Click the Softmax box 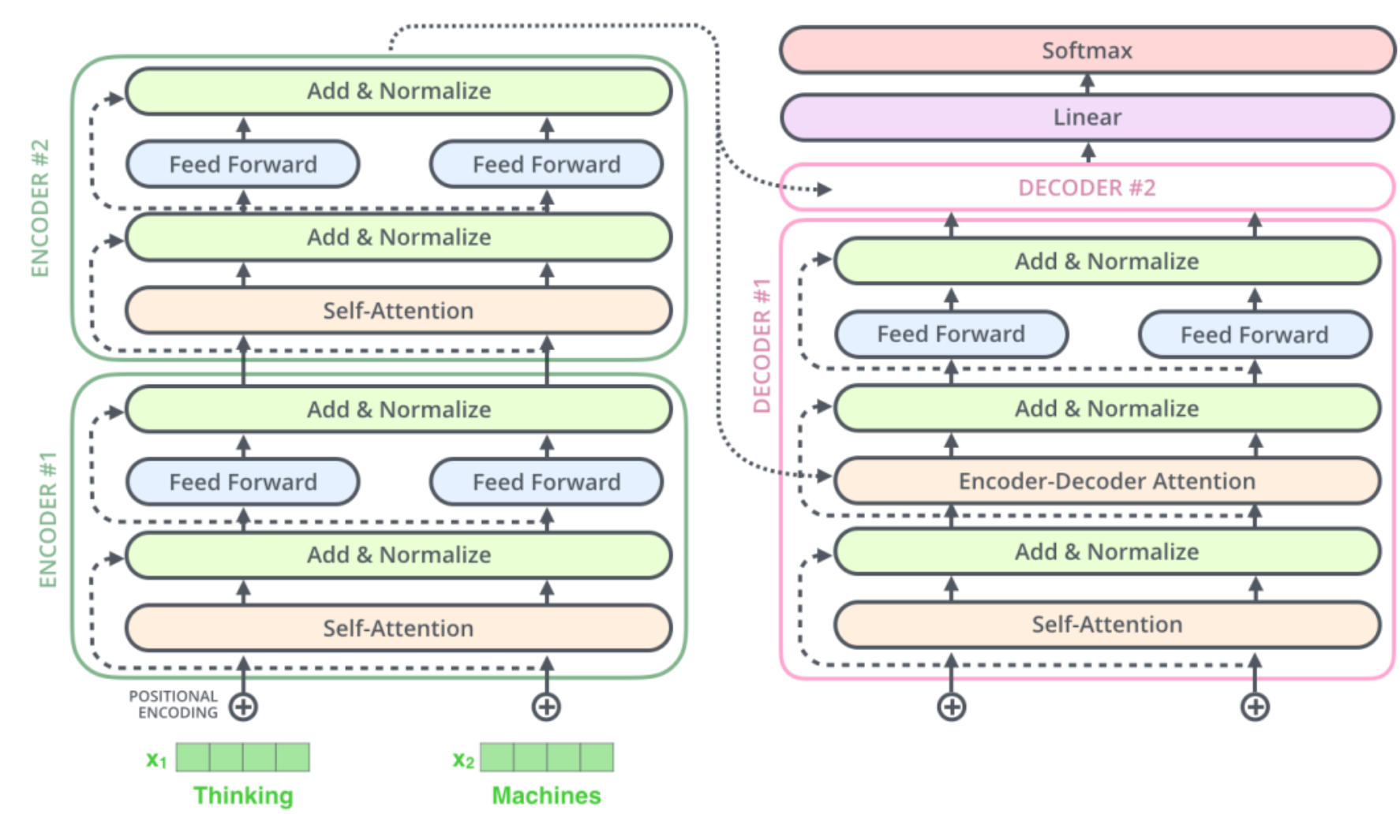(1087, 50)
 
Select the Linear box (1087, 118)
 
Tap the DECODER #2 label (1087, 188)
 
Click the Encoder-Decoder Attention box (1106, 481)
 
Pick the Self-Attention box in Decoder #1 (1106, 625)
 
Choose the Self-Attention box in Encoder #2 (399, 311)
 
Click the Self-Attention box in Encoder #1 (399, 629)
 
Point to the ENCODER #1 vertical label (48, 520)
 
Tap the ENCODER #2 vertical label (39, 208)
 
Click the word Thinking (243, 795)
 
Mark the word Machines (546, 795)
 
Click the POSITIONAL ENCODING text (174, 704)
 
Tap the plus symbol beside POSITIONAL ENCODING (243, 706)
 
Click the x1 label (156, 760)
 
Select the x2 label (463, 760)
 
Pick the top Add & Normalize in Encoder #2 (399, 91)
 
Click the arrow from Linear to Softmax (1087, 84)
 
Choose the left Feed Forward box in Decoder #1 (951, 334)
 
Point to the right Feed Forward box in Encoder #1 (546, 482)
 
